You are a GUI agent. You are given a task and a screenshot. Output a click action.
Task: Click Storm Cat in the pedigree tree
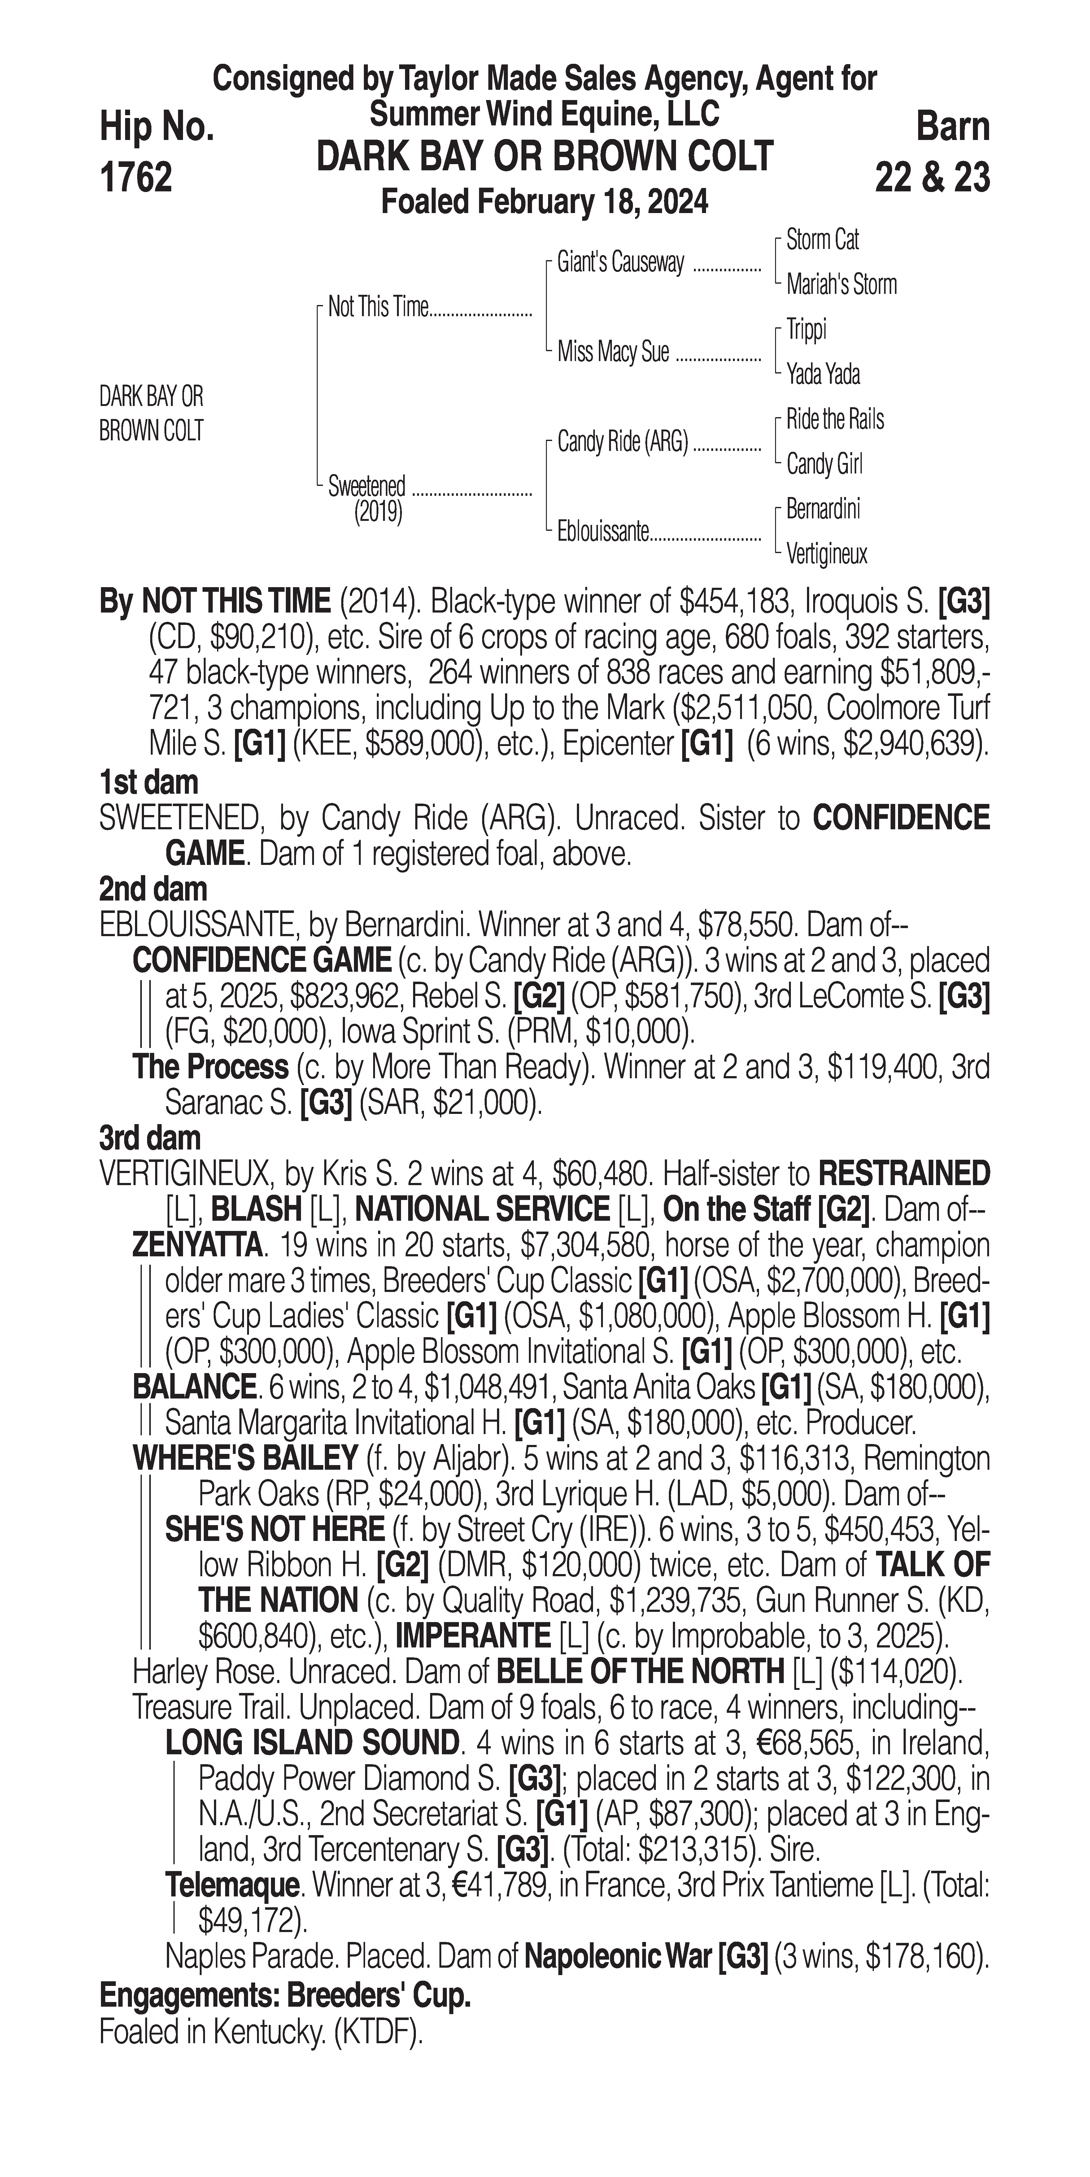(x=822, y=240)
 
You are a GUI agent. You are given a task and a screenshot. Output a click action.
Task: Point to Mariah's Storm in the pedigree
(x=841, y=285)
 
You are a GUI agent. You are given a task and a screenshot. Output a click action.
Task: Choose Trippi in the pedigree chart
(x=806, y=329)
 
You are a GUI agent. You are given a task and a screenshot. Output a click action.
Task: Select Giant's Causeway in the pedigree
(x=620, y=263)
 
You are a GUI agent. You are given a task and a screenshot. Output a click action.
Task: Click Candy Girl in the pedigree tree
(x=824, y=464)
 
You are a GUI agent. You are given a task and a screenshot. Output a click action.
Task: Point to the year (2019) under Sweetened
(x=378, y=512)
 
